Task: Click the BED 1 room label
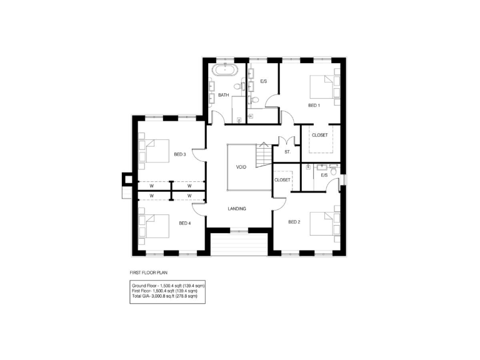[x=314, y=105]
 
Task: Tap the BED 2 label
[x=295, y=222]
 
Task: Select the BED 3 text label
[x=180, y=154]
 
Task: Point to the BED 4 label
[x=184, y=223]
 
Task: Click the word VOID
[x=241, y=167]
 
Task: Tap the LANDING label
[x=237, y=209]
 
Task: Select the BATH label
[x=223, y=95]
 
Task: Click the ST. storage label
[x=287, y=152]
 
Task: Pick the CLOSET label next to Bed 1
[x=320, y=135]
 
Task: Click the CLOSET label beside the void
[x=282, y=180]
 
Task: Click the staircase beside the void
[x=264, y=153]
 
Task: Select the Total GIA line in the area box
[x=164, y=296]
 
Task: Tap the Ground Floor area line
[x=168, y=285]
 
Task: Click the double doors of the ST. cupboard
[x=287, y=140]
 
